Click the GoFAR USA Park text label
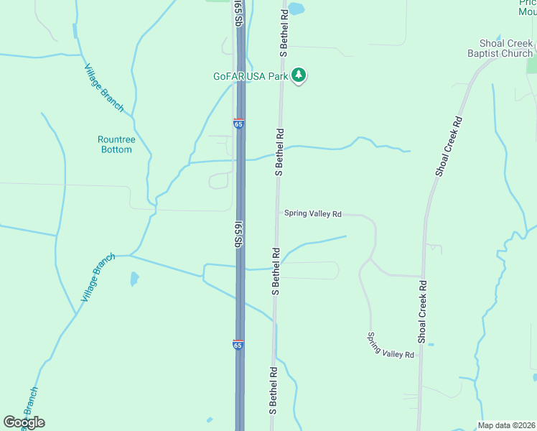[x=250, y=75]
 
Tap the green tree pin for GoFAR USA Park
[x=299, y=75]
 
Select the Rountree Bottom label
[x=115, y=144]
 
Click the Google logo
[x=24, y=422]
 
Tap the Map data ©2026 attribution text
[x=506, y=425]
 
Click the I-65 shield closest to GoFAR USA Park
[x=239, y=124]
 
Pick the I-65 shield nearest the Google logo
[x=238, y=345]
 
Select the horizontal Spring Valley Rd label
[x=312, y=213]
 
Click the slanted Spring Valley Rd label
[x=391, y=346]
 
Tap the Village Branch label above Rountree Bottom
[x=104, y=88]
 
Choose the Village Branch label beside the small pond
[x=98, y=277]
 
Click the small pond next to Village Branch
[x=134, y=279]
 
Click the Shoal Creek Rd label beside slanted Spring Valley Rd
[x=424, y=310]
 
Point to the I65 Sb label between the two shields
[x=237, y=235]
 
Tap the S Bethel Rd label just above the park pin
[x=284, y=33]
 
